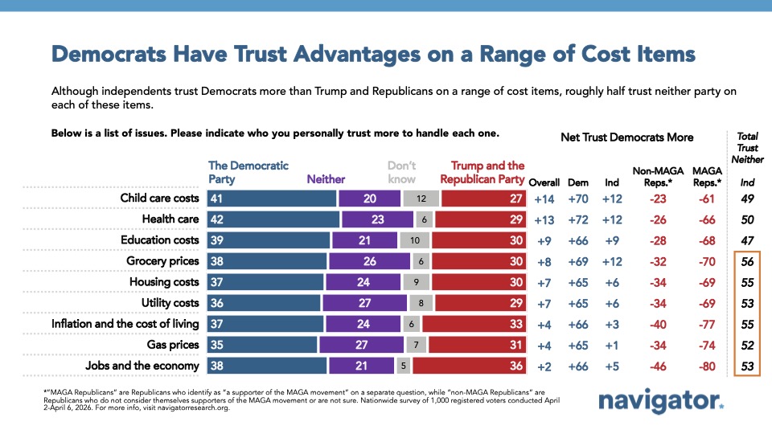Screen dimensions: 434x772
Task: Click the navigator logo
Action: [x=661, y=402]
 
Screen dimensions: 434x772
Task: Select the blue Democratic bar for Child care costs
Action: [x=271, y=199]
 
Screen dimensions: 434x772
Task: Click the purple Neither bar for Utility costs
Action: [x=364, y=303]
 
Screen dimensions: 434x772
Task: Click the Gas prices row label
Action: [x=172, y=345]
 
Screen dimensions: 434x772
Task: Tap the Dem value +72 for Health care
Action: [x=578, y=219]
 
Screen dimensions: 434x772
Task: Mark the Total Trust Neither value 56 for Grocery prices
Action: [x=748, y=261]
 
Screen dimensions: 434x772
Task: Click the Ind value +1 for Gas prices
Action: [x=612, y=345]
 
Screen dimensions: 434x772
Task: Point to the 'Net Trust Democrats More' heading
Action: [x=626, y=137]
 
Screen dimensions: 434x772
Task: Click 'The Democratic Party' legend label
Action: [x=248, y=172]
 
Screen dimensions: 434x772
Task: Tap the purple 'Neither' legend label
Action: [x=326, y=179]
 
